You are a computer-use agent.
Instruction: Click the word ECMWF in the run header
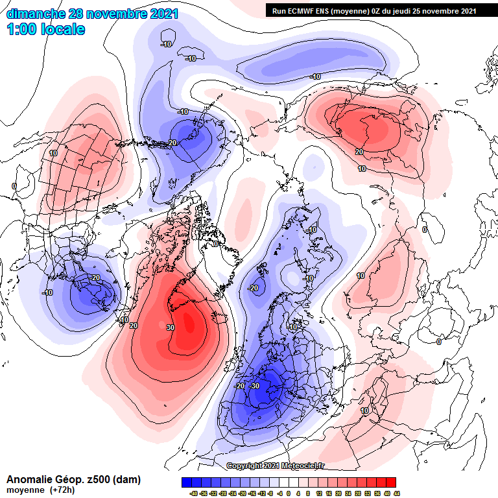(303, 10)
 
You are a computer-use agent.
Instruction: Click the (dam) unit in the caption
(126, 480)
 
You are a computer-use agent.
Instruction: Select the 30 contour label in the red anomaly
(171, 327)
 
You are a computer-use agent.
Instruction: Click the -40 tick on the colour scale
(193, 493)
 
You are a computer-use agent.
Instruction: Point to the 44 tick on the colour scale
(396, 493)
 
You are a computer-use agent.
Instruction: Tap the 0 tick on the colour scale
(289, 493)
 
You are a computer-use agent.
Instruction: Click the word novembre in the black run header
(441, 10)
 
